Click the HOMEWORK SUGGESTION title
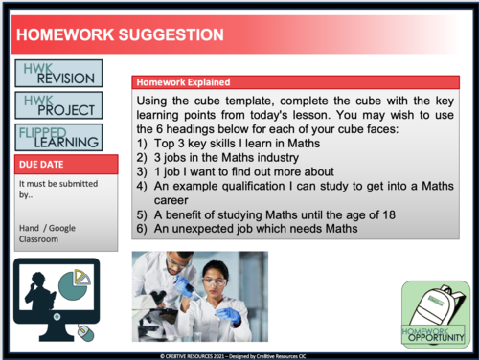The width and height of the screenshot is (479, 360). point(121,35)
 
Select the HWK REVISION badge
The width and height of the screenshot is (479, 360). point(59,73)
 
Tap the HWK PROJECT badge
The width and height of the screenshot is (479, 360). point(59,104)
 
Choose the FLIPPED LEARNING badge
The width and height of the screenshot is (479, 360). point(59,136)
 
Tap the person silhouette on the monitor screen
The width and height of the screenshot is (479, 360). point(40,290)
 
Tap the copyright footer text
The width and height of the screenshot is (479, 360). point(239,354)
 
